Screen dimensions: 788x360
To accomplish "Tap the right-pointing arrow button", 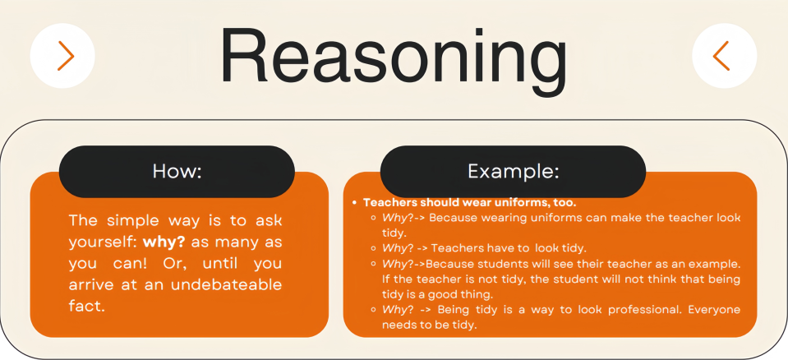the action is pos(62,56).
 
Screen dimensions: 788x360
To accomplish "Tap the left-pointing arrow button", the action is pos(724,56).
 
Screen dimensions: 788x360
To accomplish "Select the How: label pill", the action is pos(177,172).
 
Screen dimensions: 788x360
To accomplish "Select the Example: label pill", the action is pos(513,172).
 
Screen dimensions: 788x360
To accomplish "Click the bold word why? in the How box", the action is pos(164,242).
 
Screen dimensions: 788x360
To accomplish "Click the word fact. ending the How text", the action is pos(87,307).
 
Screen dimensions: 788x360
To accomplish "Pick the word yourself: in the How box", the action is pos(103,242).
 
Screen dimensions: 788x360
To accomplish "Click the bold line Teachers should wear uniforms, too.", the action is pos(469,203).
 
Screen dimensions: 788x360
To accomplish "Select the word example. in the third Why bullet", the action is pos(716,265).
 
